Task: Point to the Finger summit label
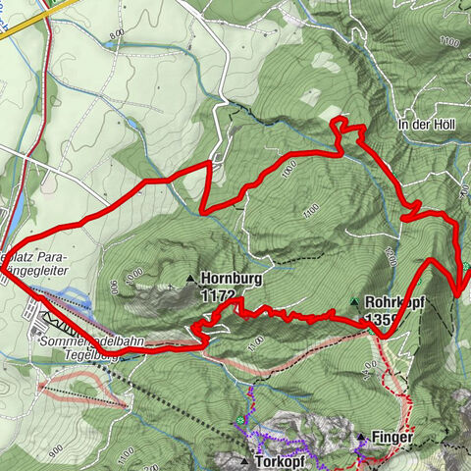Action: tap(391, 437)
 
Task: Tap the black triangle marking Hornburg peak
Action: tap(191, 279)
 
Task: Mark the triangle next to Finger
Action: tap(360, 437)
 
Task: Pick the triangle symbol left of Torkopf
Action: tap(244, 460)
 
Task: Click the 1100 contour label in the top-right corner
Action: tap(449, 42)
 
